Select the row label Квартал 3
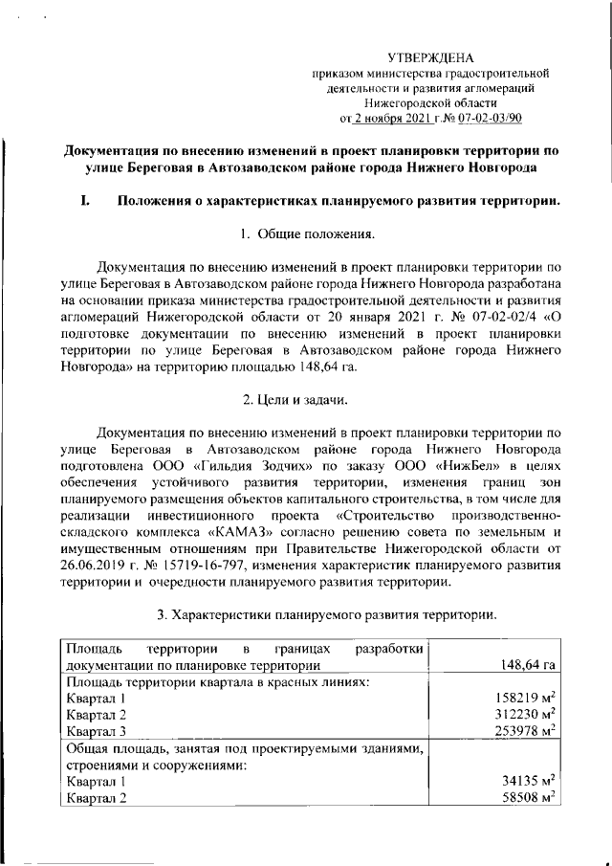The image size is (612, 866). pos(94,733)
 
